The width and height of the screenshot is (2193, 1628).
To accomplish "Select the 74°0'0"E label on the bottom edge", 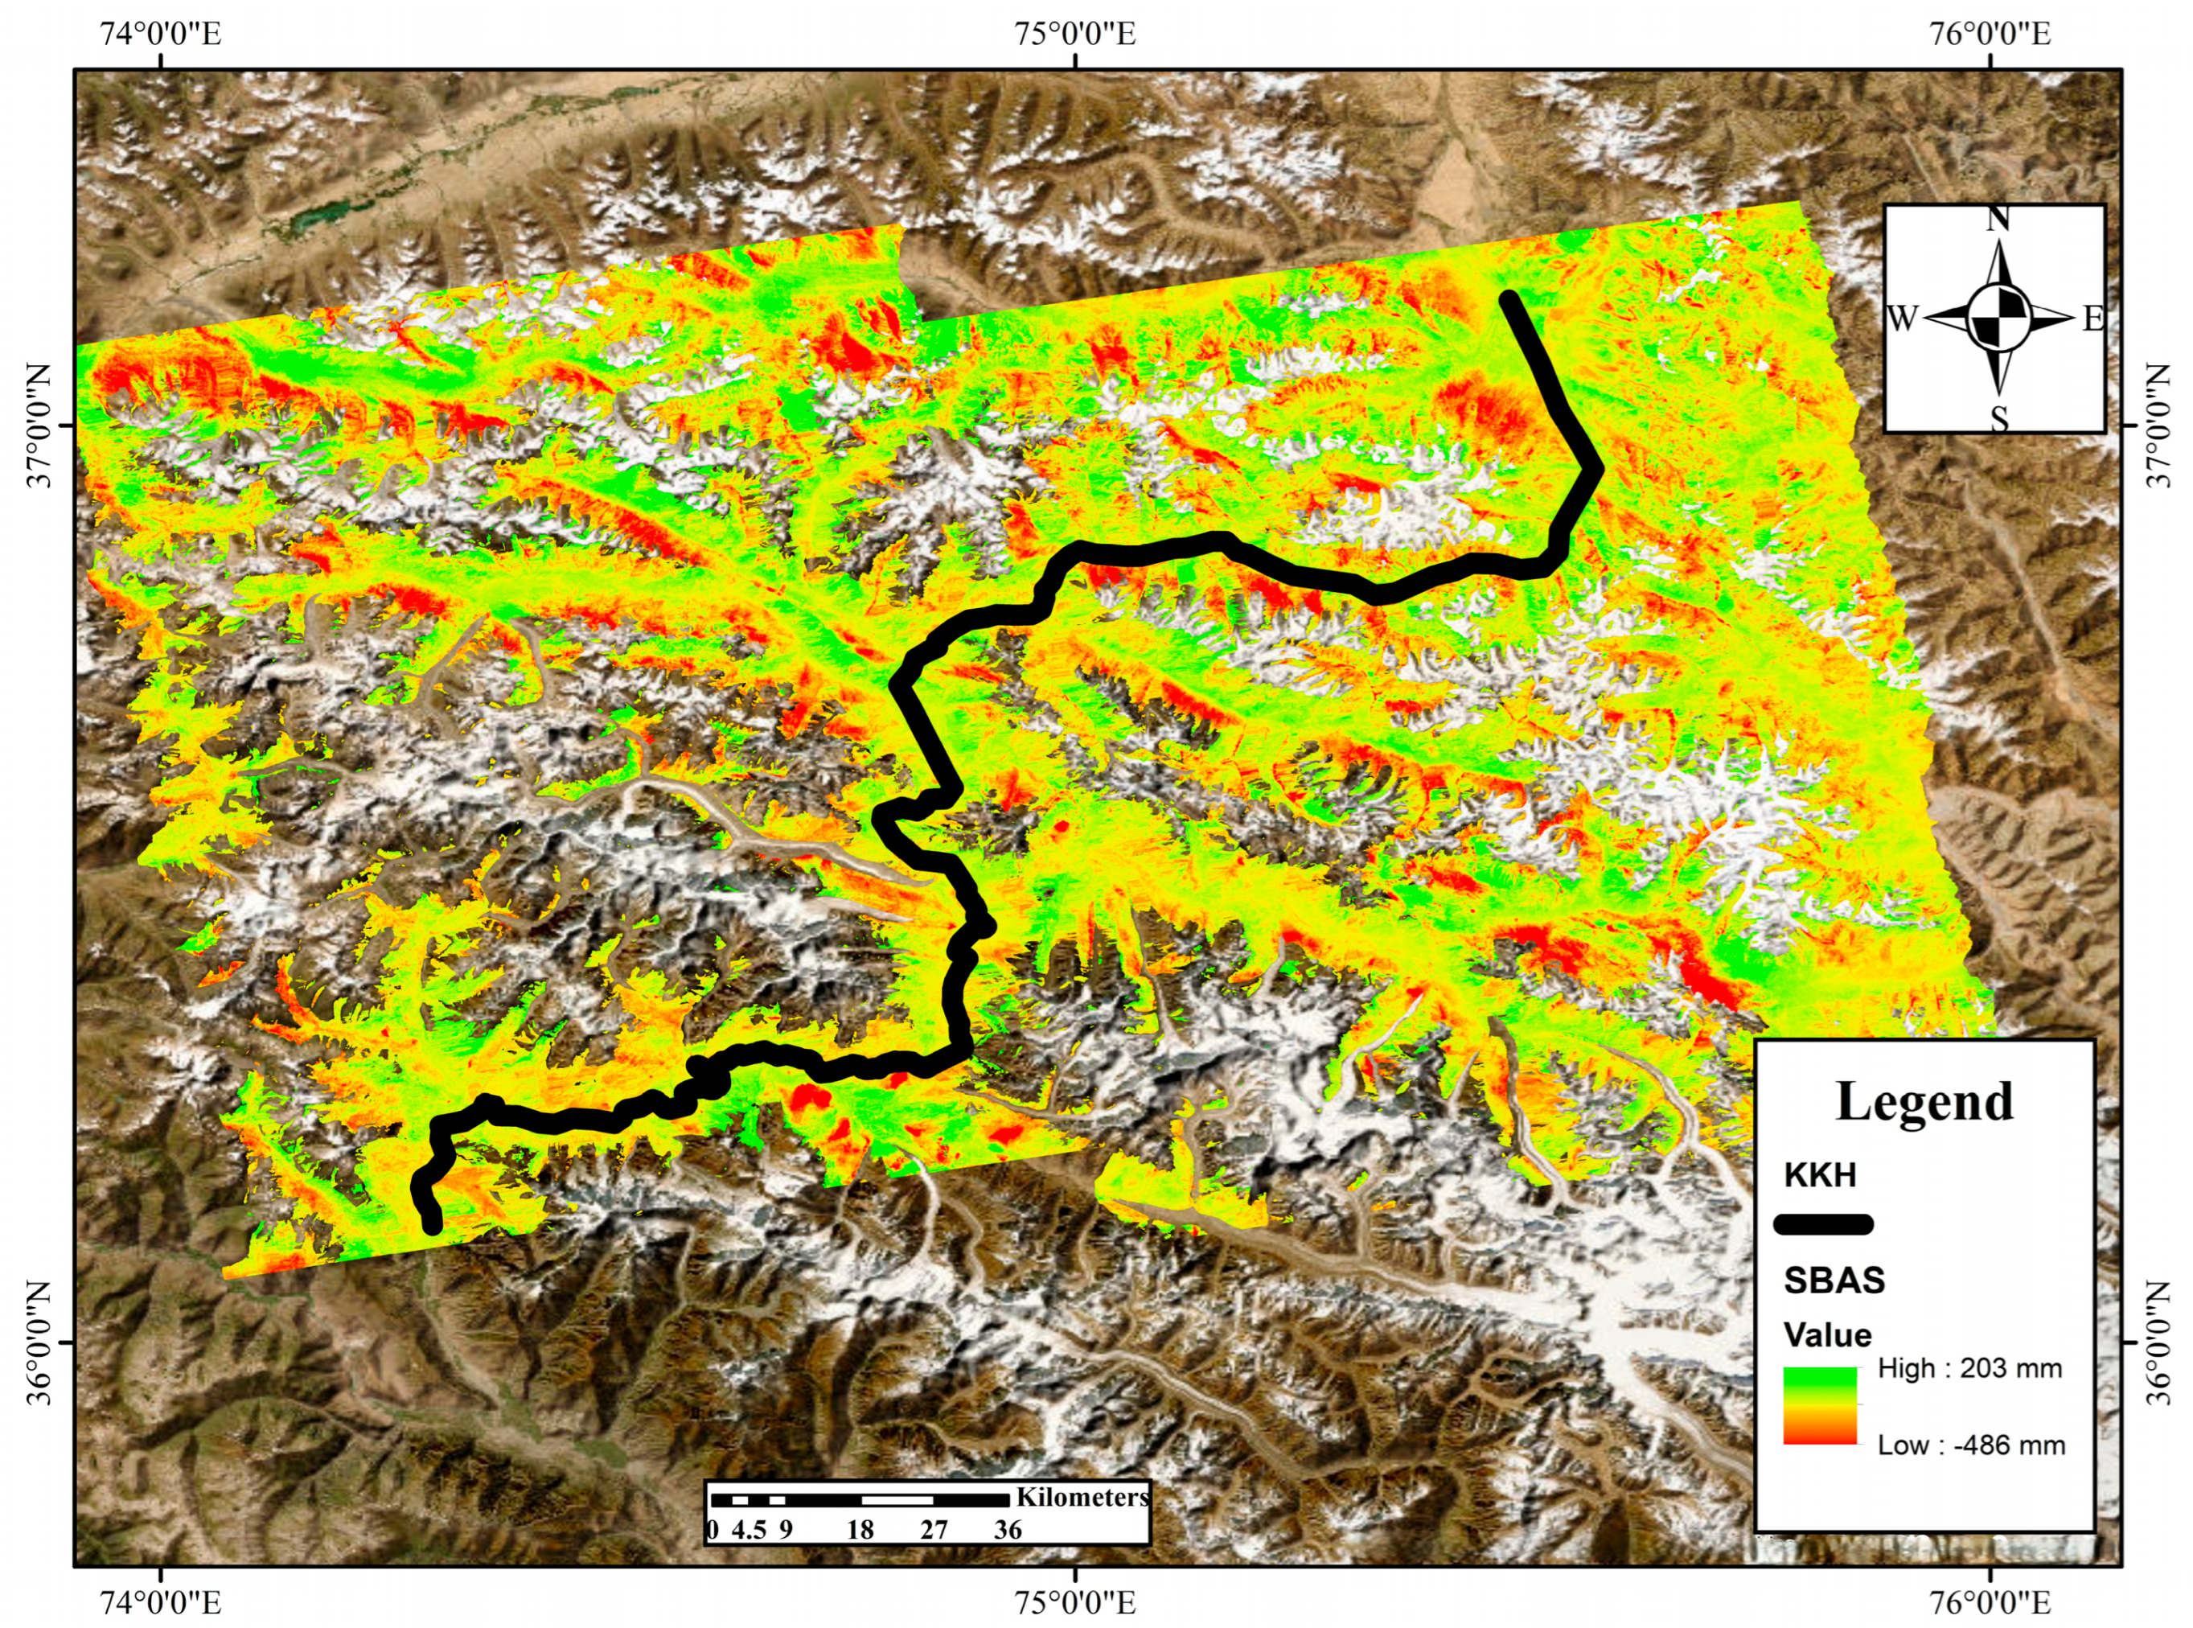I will pos(161,1601).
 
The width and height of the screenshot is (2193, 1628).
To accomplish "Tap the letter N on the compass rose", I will pos(1998,219).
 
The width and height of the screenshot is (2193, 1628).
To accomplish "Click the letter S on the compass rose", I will pos(1998,420).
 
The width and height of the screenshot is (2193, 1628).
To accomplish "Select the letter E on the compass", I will pos(2092,319).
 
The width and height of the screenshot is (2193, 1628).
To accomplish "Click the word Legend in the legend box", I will pos(1924,1102).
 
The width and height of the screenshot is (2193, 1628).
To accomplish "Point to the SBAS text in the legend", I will pos(1834,1281).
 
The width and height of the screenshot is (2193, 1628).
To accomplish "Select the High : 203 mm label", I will pos(1969,1368).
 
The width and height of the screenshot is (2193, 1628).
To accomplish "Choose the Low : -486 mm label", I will pos(1970,1445).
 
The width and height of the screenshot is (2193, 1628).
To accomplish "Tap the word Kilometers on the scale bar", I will pos(1082,1497).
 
